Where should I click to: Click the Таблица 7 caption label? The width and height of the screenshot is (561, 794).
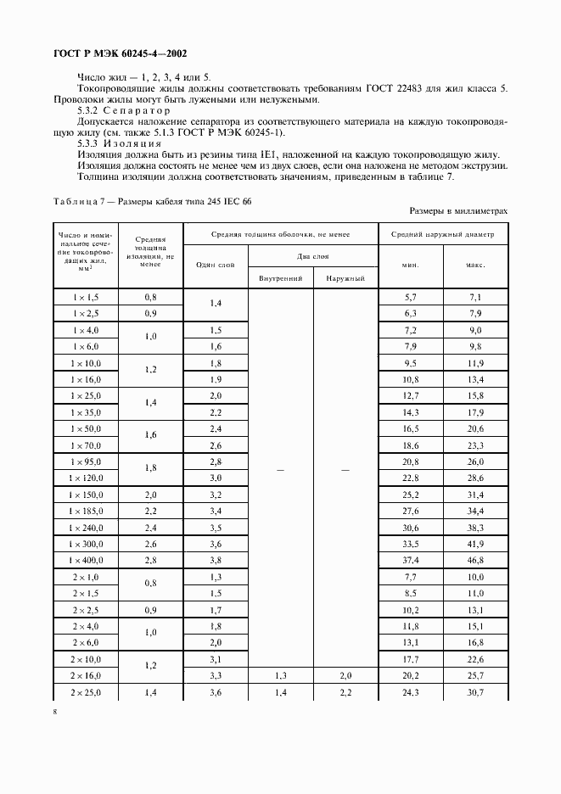click(83, 201)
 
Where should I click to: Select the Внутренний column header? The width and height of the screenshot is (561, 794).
click(280, 278)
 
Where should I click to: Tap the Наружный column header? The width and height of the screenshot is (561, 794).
click(345, 278)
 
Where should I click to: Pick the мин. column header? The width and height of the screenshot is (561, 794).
click(410, 265)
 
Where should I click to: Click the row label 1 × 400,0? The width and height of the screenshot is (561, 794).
click(87, 560)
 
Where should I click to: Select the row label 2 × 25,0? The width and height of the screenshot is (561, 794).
click(87, 692)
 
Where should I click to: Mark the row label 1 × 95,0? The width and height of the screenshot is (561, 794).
click(87, 461)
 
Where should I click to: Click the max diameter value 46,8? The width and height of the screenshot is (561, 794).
click(475, 561)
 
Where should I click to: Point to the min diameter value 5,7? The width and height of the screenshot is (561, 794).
click(410, 297)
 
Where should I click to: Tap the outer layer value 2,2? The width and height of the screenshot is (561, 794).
click(345, 692)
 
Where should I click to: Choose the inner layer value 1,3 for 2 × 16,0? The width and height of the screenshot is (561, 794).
click(280, 675)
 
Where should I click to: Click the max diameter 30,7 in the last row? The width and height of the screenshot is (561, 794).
click(475, 692)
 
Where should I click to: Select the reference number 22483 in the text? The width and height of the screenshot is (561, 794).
click(418, 88)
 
